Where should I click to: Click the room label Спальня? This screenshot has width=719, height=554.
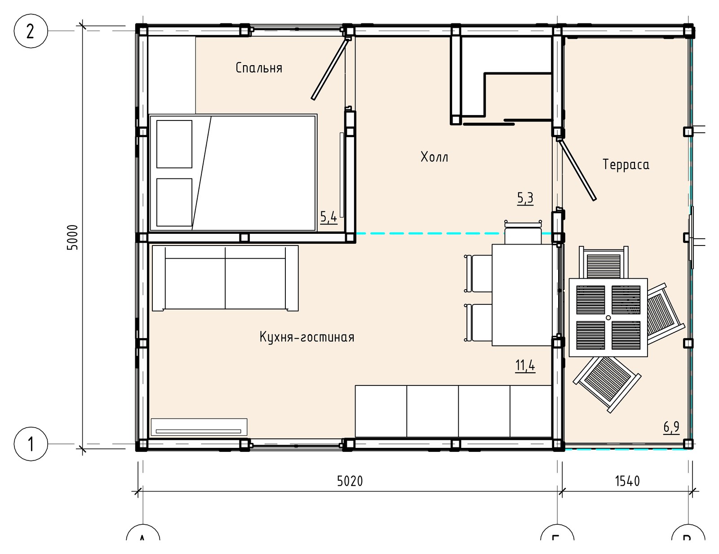pos(259,68)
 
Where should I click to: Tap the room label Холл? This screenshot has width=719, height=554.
pos(434,157)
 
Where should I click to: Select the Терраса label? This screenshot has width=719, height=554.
pos(626,165)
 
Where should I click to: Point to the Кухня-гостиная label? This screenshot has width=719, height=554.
pos(307,337)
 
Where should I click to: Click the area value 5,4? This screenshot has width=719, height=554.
pos(328,217)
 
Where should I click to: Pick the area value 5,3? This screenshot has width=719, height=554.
pos(525,198)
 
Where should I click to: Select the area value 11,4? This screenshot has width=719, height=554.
pos(525,366)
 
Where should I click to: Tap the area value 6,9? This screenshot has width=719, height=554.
pos(671,427)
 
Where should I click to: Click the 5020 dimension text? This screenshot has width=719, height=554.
pos(350,481)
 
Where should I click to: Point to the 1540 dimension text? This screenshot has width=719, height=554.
pos(627,481)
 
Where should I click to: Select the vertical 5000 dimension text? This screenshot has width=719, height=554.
pos(72,237)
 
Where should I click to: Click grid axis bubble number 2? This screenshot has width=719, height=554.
pos(31,31)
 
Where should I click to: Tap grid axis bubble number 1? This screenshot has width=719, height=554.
pos(31,444)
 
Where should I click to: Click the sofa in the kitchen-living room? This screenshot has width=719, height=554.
pos(225,278)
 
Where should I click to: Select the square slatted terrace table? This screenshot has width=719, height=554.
pos(608,318)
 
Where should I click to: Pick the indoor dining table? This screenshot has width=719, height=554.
pos(522,295)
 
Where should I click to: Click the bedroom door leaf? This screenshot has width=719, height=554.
pos(330,69)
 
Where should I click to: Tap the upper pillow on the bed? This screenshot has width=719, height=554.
pos(174,144)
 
